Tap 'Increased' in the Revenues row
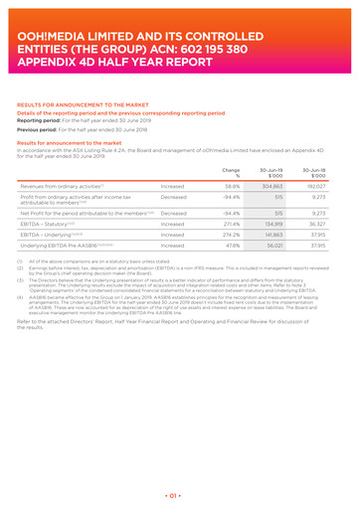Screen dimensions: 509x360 (x=172, y=185)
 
